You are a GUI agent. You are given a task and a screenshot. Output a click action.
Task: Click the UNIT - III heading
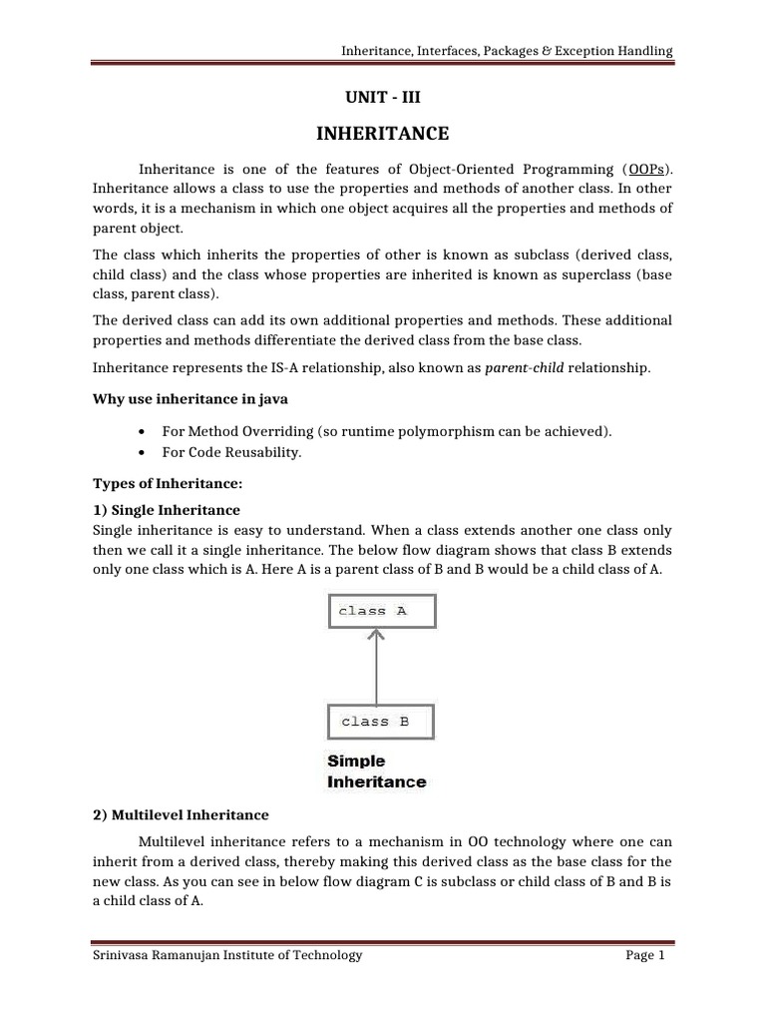(383, 97)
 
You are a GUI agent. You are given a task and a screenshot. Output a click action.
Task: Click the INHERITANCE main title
(383, 133)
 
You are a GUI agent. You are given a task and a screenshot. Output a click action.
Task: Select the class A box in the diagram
(382, 611)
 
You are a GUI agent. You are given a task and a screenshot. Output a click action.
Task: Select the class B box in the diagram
(380, 721)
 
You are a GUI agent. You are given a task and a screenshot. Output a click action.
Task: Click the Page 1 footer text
(644, 955)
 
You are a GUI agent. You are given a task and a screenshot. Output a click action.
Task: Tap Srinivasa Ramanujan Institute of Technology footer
(227, 955)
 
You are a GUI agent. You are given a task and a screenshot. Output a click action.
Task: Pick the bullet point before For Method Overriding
(145, 431)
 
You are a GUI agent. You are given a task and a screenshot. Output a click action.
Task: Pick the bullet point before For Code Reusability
(145, 452)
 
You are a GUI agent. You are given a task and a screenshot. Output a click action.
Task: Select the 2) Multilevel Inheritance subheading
(181, 815)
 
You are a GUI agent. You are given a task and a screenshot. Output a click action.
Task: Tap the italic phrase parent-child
(524, 368)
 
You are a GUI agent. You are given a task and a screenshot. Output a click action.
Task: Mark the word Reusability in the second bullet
(263, 452)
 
